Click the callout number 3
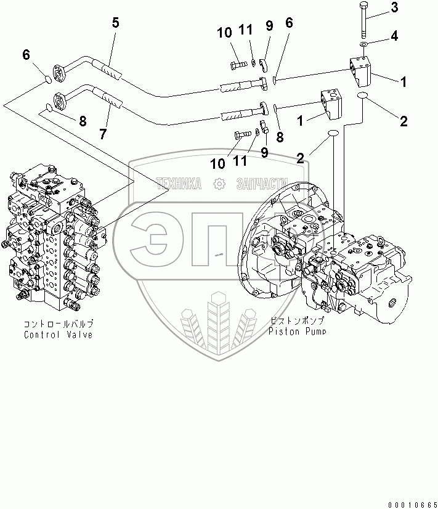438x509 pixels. (x=395, y=8)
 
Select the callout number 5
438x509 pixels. (x=115, y=24)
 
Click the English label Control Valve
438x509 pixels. (x=59, y=335)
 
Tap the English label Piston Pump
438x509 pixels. (x=297, y=331)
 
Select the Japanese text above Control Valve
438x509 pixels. (x=60, y=324)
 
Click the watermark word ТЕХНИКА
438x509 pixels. (x=179, y=184)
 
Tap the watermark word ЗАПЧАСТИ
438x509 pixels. (x=262, y=184)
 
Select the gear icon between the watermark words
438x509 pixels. (x=218, y=184)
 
